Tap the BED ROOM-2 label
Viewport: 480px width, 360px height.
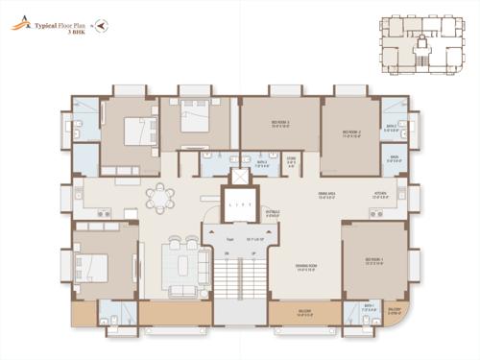(x=355, y=132)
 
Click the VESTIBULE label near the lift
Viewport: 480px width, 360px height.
(x=274, y=212)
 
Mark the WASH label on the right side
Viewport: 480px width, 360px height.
(x=394, y=159)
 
